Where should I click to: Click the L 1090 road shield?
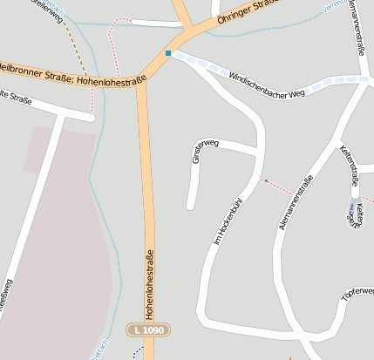pos(149,330)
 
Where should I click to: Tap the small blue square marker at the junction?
pos(168,53)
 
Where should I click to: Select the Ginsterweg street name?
pos(205,150)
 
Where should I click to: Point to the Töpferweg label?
pos(357,294)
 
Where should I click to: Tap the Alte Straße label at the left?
pos(16,99)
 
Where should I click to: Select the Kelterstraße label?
pos(350,165)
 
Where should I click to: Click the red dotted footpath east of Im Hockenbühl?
pos(278,187)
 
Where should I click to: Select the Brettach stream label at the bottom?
pos(96,349)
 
